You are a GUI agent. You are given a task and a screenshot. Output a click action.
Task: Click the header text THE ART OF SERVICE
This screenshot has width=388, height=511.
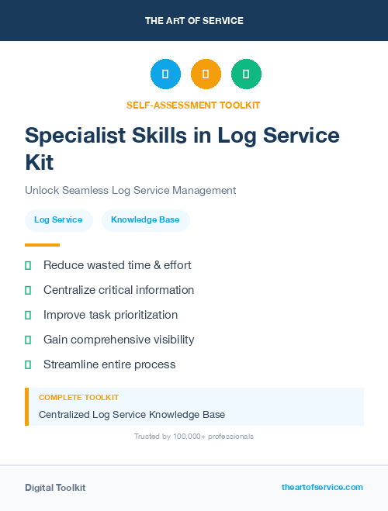click(194, 21)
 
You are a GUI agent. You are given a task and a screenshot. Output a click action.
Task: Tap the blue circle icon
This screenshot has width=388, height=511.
click(165, 74)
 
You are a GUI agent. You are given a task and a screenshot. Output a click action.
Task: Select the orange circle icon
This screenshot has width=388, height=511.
click(206, 74)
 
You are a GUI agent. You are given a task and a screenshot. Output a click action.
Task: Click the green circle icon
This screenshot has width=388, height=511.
click(246, 74)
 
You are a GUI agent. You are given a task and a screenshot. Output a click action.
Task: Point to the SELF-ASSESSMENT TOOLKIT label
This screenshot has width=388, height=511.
click(194, 105)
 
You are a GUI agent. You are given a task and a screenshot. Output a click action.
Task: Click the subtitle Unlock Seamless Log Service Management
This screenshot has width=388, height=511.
click(130, 190)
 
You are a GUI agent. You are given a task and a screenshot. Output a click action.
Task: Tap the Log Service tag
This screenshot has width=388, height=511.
click(58, 220)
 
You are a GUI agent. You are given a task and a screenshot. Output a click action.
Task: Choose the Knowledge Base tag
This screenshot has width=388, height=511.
click(145, 220)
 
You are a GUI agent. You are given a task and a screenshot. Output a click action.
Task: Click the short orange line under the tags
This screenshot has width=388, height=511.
click(42, 245)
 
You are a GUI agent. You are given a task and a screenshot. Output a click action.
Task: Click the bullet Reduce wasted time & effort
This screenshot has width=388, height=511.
click(117, 265)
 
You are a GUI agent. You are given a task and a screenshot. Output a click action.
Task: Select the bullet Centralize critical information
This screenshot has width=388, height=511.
click(119, 290)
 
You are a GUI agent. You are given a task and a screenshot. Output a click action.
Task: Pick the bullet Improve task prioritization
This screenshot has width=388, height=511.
click(110, 315)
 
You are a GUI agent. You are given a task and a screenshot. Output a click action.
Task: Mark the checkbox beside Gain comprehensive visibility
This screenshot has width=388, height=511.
click(28, 340)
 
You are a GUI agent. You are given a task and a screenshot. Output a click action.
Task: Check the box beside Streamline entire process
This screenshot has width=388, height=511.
click(28, 364)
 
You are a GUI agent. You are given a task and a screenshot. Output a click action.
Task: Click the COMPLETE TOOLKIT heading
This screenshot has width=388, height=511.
click(78, 397)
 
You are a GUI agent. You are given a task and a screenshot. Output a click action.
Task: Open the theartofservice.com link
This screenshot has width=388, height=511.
click(322, 487)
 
